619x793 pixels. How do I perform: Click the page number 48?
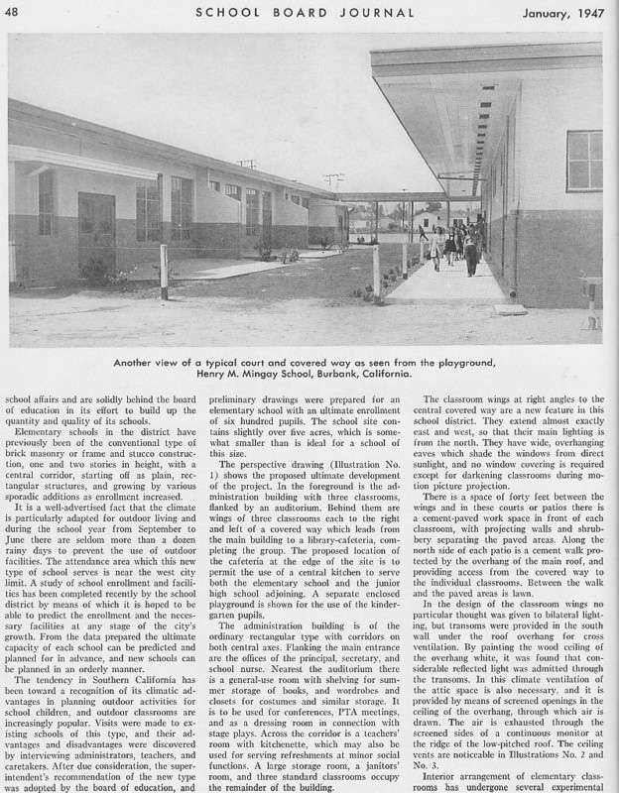pyautogui.click(x=20, y=11)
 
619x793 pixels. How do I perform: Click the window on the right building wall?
pyautogui.click(x=583, y=161)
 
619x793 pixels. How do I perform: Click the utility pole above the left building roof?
pyautogui.click(x=248, y=165)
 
